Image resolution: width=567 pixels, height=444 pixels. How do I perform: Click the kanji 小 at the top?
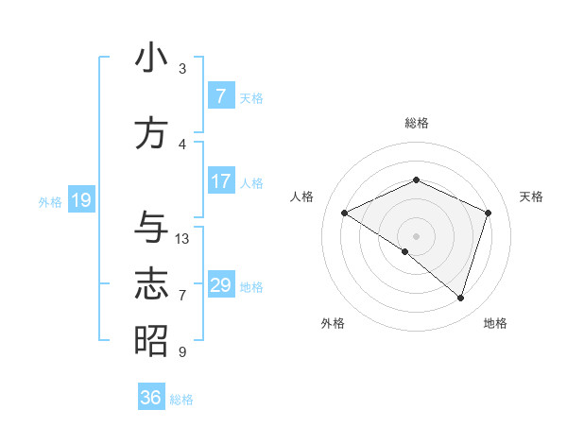(151, 58)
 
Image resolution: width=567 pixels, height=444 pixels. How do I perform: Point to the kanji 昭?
(151, 341)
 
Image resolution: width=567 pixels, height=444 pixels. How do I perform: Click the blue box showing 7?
(220, 96)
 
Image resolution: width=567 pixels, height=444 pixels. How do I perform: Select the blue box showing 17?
(220, 181)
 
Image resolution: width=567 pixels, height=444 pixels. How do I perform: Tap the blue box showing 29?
(220, 285)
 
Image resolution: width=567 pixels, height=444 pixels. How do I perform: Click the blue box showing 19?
(80, 200)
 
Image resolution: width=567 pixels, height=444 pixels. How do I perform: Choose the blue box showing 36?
(151, 398)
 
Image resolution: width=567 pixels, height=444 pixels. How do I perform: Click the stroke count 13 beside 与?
(182, 239)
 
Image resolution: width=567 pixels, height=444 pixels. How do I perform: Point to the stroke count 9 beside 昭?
(182, 352)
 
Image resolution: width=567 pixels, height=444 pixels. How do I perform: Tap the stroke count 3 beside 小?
(182, 69)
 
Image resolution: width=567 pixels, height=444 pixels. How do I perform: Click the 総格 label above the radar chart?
(416, 123)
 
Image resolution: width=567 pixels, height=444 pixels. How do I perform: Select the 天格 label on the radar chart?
(532, 196)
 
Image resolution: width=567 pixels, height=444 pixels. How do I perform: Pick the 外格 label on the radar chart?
(333, 323)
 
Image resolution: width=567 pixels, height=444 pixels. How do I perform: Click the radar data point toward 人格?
(345, 213)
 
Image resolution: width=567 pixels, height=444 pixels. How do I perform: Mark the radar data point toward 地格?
(460, 298)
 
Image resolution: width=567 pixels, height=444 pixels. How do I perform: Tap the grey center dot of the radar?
(416, 235)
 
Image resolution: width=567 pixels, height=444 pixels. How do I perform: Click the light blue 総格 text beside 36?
(181, 400)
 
